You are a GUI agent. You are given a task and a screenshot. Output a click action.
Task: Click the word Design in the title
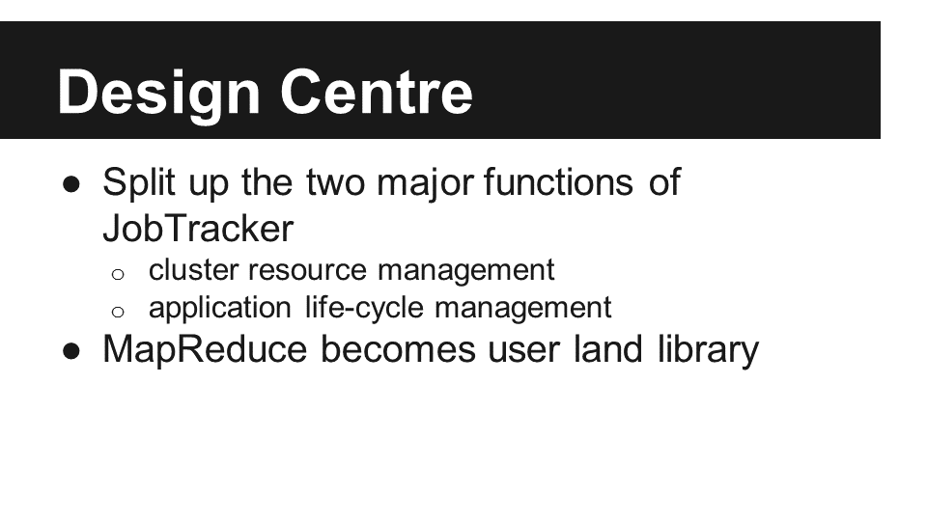tap(158, 95)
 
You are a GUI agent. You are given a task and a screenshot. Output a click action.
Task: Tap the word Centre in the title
tap(376, 93)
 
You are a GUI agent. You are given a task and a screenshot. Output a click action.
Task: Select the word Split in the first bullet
tap(139, 183)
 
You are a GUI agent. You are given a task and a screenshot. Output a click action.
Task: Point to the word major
tap(425, 183)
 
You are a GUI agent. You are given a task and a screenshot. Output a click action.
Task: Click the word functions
tap(559, 181)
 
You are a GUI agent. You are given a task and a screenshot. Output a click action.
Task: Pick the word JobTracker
tap(198, 229)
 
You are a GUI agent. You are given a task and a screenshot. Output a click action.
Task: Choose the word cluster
tap(193, 270)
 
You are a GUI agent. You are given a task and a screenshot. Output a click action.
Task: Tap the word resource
tap(307, 271)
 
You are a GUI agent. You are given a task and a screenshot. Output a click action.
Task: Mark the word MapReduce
tap(205, 350)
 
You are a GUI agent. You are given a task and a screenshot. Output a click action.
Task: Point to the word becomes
tap(398, 349)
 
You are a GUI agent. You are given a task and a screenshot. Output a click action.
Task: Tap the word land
tap(607, 349)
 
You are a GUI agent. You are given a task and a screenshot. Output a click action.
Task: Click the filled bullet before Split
tap(71, 185)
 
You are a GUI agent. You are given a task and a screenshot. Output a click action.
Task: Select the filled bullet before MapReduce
tap(71, 352)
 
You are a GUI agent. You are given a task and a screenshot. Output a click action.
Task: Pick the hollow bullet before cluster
tap(118, 274)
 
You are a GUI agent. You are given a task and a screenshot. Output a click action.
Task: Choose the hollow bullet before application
tap(118, 312)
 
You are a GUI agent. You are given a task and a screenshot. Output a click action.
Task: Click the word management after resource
tap(465, 271)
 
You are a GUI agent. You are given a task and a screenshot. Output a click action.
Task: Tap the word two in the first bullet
tap(335, 182)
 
